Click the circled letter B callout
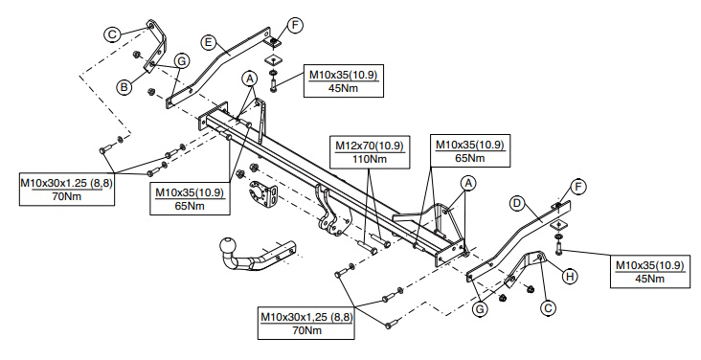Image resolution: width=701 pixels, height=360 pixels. pyautogui.click(x=124, y=86)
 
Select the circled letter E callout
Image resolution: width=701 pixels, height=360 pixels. pyautogui.click(x=207, y=42)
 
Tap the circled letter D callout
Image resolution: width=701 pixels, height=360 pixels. pyautogui.click(x=517, y=204)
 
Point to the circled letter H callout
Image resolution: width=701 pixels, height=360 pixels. pyautogui.click(x=570, y=277)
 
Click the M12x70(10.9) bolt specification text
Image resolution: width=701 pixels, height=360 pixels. pyautogui.click(x=370, y=146)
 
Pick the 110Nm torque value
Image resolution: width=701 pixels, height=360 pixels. pyautogui.click(x=370, y=159)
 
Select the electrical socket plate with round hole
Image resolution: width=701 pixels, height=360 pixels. pyautogui.click(x=262, y=193)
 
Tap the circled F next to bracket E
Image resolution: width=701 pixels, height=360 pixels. pyautogui.click(x=295, y=25)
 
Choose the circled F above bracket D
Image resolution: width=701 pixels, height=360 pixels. pyautogui.click(x=578, y=187)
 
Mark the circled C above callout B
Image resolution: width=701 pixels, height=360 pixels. pyautogui.click(x=113, y=34)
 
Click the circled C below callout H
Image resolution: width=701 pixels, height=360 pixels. pyautogui.click(x=549, y=307)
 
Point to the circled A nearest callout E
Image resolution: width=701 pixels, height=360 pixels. pyautogui.click(x=250, y=79)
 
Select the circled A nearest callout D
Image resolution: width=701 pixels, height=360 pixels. pyautogui.click(x=468, y=183)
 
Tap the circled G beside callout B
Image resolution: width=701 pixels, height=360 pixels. pyautogui.click(x=182, y=61)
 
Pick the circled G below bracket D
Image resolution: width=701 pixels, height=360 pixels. pyautogui.click(x=480, y=308)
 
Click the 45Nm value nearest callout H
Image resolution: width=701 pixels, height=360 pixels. pyautogui.click(x=649, y=279)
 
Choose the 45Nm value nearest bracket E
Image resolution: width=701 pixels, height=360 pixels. pyautogui.click(x=344, y=88)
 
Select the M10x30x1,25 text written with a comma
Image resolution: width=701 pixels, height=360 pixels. pyautogui.click(x=306, y=317)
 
